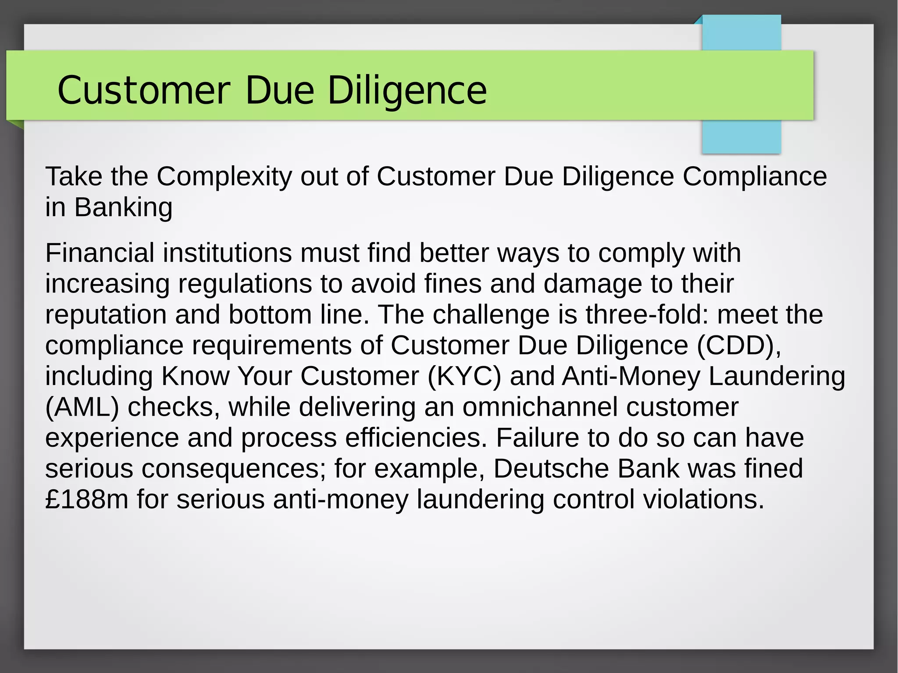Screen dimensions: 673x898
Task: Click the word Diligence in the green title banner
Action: (x=407, y=90)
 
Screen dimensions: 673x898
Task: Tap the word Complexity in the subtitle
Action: (x=224, y=177)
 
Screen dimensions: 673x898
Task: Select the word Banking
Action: (x=123, y=207)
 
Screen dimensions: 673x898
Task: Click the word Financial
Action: (x=100, y=253)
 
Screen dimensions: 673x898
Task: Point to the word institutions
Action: (x=228, y=253)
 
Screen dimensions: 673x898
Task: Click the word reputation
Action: (x=106, y=315)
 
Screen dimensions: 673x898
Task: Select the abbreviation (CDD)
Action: (x=739, y=345)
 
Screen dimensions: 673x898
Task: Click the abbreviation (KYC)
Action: (x=464, y=376)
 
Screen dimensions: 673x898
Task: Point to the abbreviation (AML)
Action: (x=82, y=407)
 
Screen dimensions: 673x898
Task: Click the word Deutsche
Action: (x=551, y=469)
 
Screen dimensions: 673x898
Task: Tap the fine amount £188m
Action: (x=87, y=499)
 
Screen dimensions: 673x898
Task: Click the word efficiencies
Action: (x=416, y=438)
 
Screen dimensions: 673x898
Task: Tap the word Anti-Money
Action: (x=631, y=376)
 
